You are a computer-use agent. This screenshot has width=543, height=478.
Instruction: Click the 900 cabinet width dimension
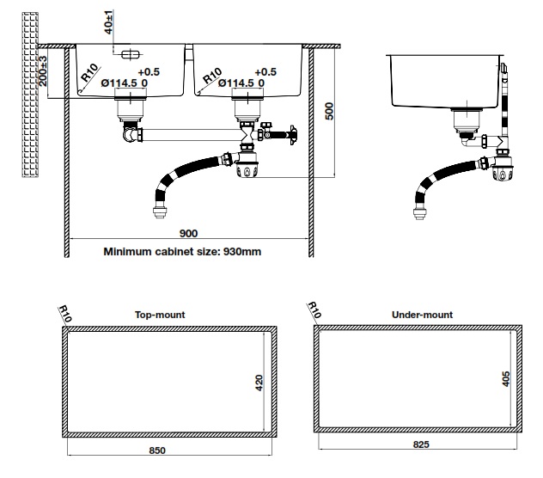pos(188,234)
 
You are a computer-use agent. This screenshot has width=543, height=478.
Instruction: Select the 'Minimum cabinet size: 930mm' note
pos(182,252)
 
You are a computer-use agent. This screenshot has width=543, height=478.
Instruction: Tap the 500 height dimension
pos(329,112)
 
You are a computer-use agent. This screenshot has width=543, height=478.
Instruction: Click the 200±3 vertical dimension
pos(44,75)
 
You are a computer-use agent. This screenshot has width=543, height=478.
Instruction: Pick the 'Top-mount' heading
pos(160,315)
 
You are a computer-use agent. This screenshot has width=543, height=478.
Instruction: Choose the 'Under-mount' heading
pos(422,315)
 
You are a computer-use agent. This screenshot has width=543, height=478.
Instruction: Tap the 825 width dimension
pos(420,444)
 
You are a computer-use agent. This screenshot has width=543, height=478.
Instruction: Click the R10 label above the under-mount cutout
pos(314,310)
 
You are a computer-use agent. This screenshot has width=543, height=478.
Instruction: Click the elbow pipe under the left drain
pos(131,134)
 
